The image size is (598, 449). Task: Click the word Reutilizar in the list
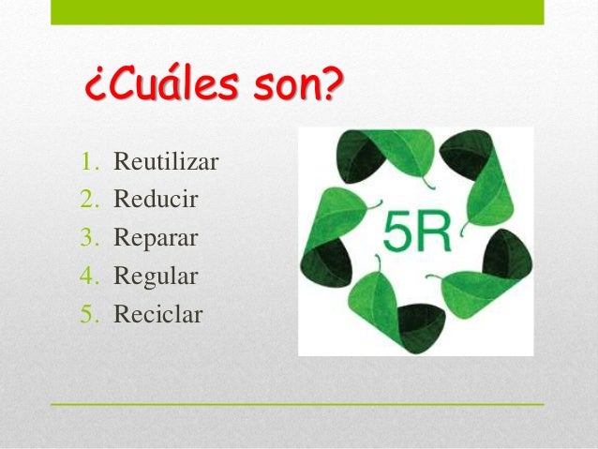tap(165, 162)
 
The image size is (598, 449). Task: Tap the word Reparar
tap(155, 238)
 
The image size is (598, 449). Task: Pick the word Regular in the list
tap(155, 277)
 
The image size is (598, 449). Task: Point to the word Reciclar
tap(157, 314)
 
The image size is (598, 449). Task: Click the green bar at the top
tap(296, 11)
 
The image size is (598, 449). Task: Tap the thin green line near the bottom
tap(296, 404)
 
